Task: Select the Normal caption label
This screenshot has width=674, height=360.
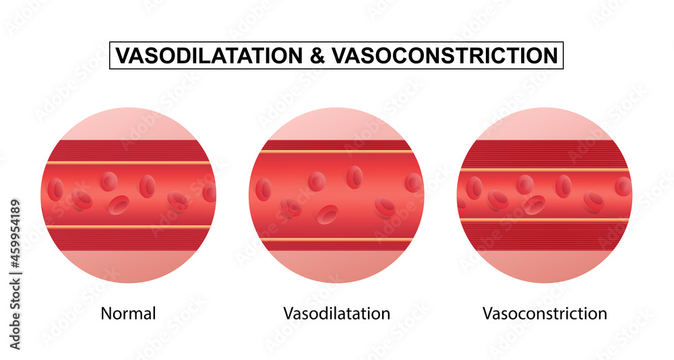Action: tap(128, 313)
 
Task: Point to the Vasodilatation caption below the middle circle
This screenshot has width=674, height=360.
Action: tap(336, 313)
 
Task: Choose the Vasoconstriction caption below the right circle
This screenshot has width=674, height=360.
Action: tap(545, 313)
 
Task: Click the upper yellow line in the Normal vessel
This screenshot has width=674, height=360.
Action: tap(128, 163)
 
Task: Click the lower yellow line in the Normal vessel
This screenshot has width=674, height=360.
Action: tap(128, 227)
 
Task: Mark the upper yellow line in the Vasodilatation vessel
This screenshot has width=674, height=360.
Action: tap(336, 152)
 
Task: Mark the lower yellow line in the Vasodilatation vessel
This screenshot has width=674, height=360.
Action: tap(336, 240)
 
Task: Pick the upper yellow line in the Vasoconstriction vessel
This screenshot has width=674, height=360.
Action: tap(545, 169)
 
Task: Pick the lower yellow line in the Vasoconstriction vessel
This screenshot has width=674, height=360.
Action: tap(545, 220)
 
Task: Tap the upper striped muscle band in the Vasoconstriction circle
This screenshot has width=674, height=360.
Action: tap(545, 154)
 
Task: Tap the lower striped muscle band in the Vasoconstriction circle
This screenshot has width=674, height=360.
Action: tap(545, 235)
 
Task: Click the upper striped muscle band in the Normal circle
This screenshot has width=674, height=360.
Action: tap(128, 150)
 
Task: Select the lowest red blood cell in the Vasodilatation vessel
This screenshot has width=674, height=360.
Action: tap(328, 215)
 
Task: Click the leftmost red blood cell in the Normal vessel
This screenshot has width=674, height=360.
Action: tap(56, 189)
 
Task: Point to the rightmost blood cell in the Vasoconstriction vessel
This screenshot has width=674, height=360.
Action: tap(623, 186)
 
